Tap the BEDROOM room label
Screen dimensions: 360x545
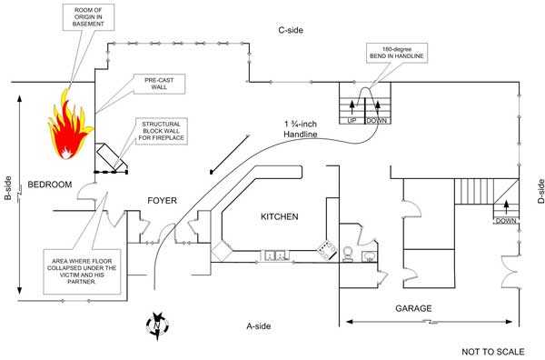49,185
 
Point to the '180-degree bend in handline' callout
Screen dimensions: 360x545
397,54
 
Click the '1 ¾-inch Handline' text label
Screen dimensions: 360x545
300,129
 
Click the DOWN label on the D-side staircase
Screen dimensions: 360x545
507,221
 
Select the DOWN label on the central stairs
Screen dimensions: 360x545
375,120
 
